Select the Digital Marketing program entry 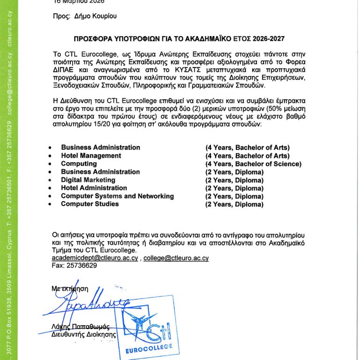88,180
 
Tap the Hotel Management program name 91,156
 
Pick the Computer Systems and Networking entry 117,196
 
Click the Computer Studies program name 90,204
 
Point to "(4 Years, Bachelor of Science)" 253,164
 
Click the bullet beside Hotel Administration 50,188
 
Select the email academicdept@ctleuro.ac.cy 95,258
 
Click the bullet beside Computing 50,164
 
